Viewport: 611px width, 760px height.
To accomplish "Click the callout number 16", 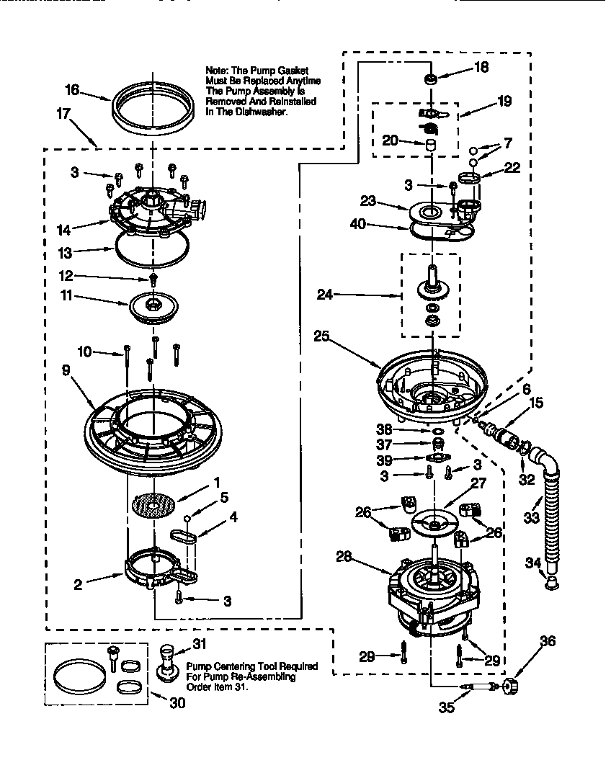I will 71,90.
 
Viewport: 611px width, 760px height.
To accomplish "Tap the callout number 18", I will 481,68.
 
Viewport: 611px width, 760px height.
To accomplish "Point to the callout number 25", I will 322,336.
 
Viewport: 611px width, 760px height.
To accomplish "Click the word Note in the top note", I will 216,70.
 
